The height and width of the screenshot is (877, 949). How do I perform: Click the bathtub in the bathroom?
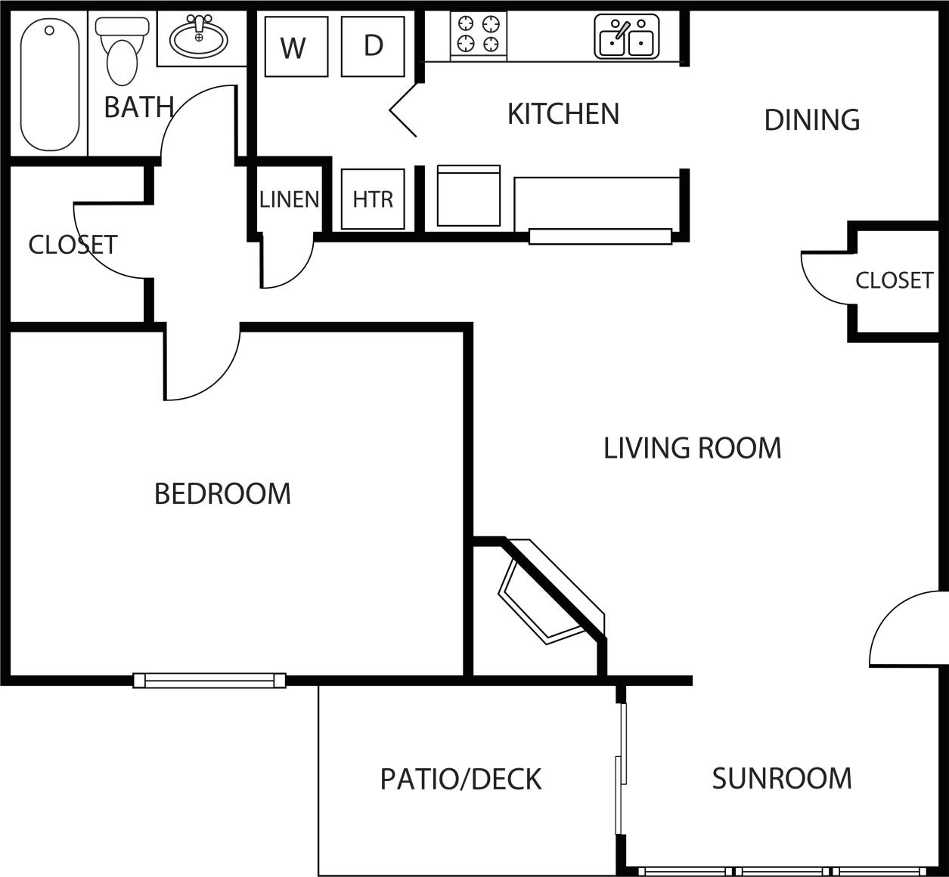(x=49, y=84)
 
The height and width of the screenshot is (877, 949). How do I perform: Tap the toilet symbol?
(x=122, y=52)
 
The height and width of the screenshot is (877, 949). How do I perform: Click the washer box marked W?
(x=296, y=47)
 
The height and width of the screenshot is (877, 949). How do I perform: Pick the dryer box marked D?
(x=373, y=46)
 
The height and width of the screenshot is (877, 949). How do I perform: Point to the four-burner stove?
(x=478, y=34)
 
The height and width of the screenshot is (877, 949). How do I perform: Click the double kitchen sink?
(x=626, y=37)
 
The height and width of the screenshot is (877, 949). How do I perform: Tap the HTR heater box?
(x=373, y=199)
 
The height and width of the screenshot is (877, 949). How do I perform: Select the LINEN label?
(x=289, y=199)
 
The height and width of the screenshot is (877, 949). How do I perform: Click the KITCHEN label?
(x=563, y=114)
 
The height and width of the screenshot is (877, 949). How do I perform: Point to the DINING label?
(x=811, y=120)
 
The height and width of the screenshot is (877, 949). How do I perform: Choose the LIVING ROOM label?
(x=692, y=448)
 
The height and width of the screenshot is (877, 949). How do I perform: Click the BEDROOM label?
(x=222, y=494)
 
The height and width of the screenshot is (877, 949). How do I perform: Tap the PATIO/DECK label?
(x=461, y=779)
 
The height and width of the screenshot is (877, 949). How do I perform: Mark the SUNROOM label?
(x=781, y=778)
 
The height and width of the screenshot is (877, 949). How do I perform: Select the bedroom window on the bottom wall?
(x=209, y=681)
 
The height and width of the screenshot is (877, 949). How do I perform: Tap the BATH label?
(x=138, y=107)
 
